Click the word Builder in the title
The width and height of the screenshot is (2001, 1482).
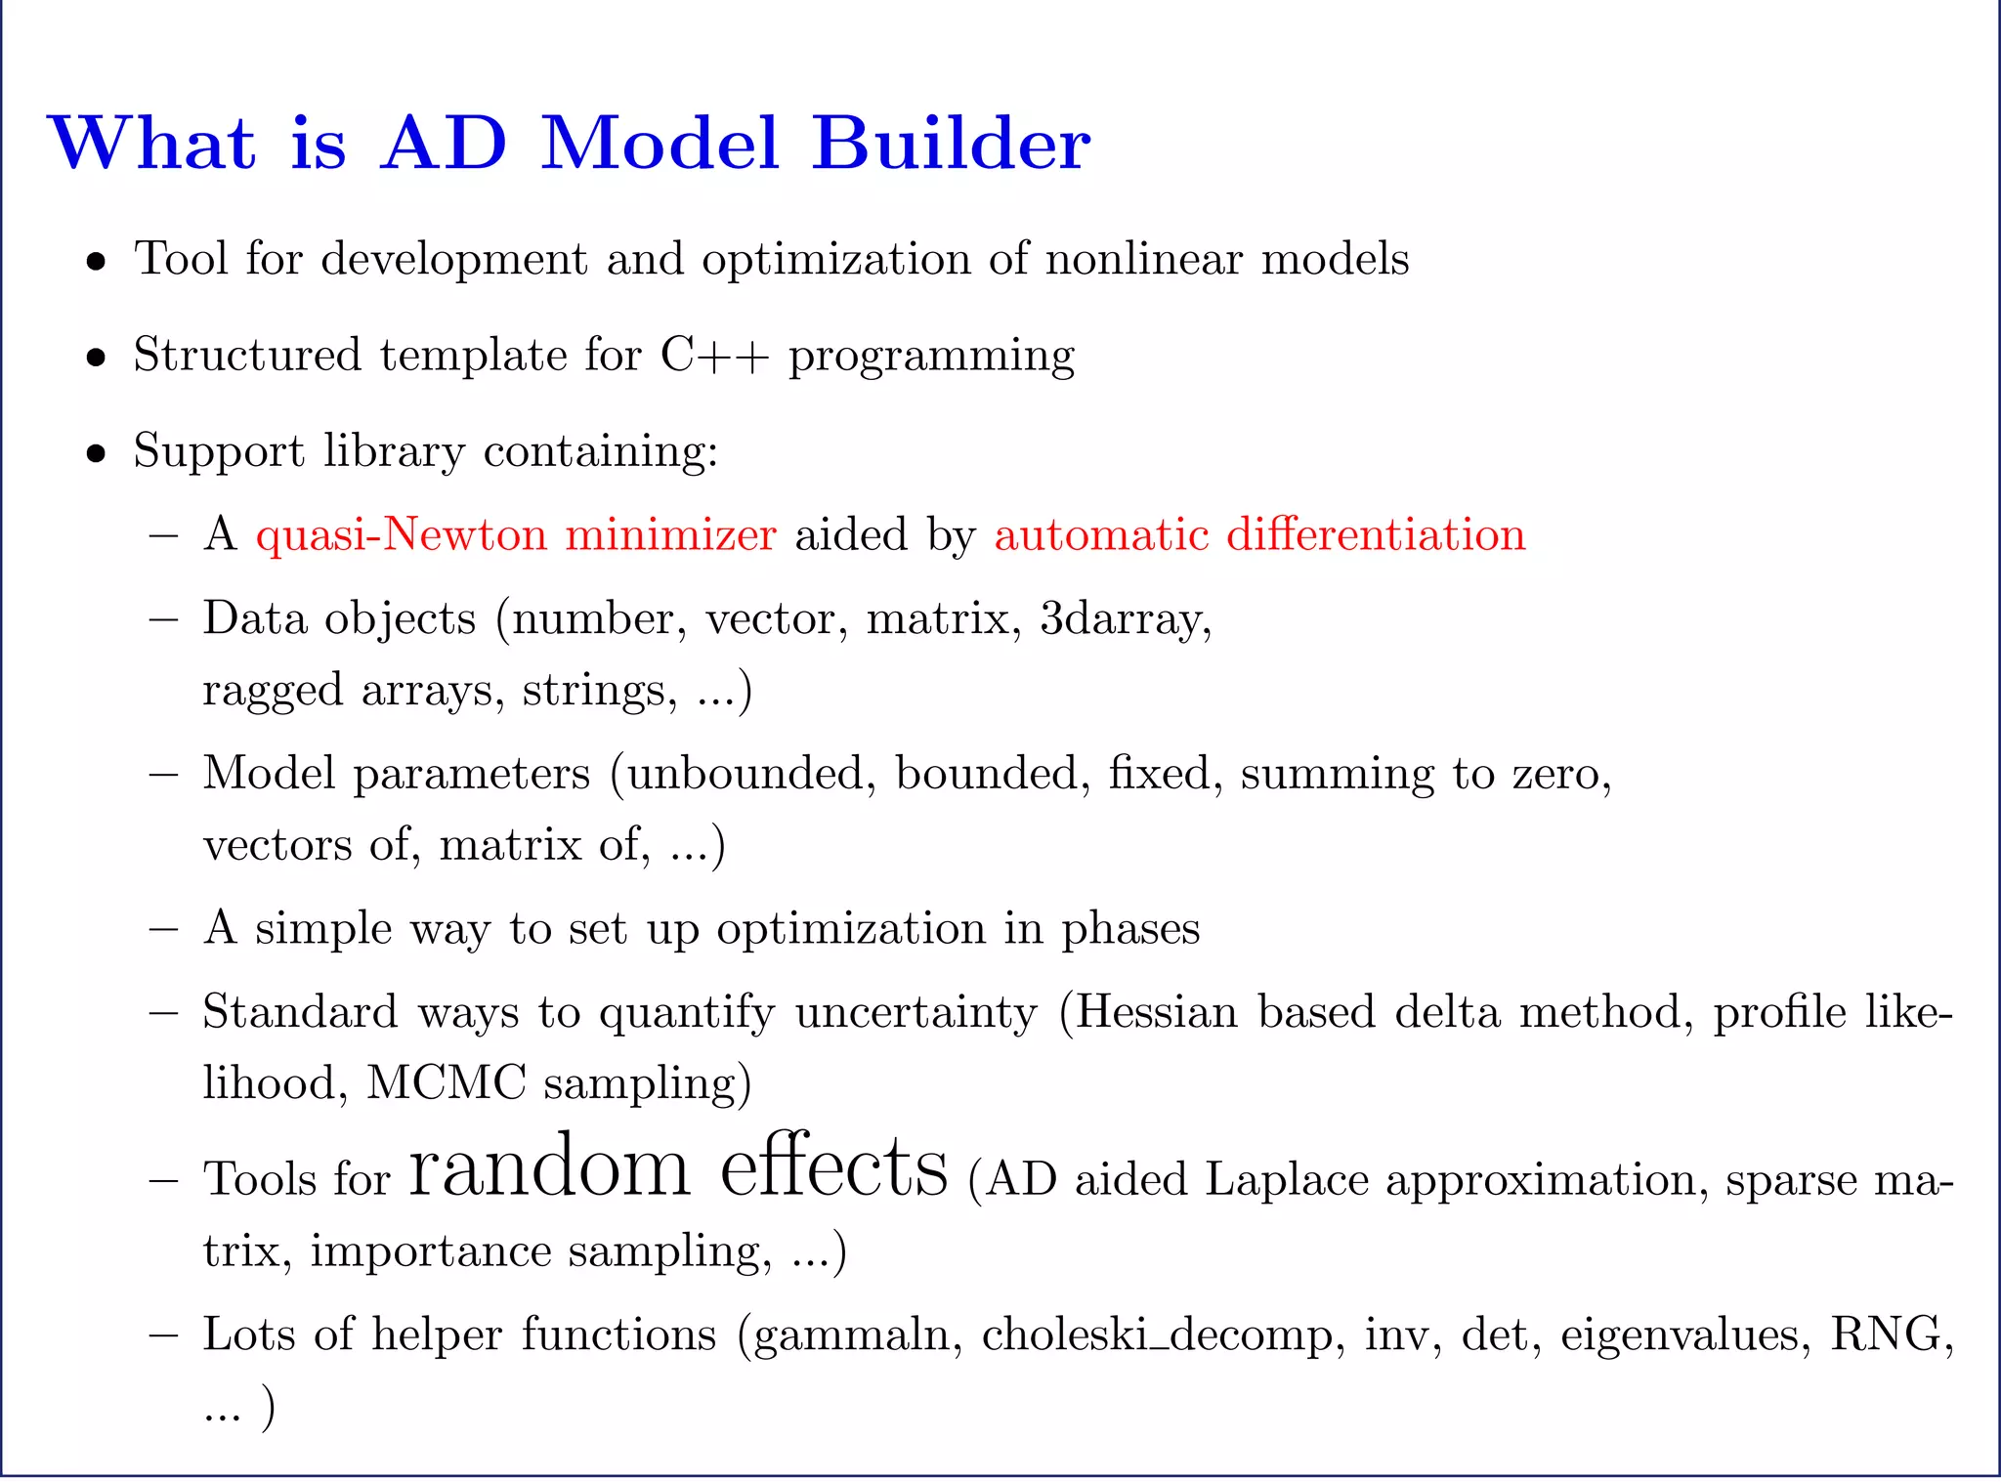point(951,144)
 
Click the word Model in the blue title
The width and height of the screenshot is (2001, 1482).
point(660,144)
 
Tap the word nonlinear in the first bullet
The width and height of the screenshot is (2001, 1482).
point(1144,259)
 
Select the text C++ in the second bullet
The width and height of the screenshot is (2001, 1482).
point(714,355)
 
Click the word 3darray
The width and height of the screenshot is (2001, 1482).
point(1125,619)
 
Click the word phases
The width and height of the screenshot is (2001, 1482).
point(1130,929)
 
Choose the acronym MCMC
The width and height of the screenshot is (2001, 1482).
point(447,1083)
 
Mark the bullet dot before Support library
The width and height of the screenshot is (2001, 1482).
point(96,453)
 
